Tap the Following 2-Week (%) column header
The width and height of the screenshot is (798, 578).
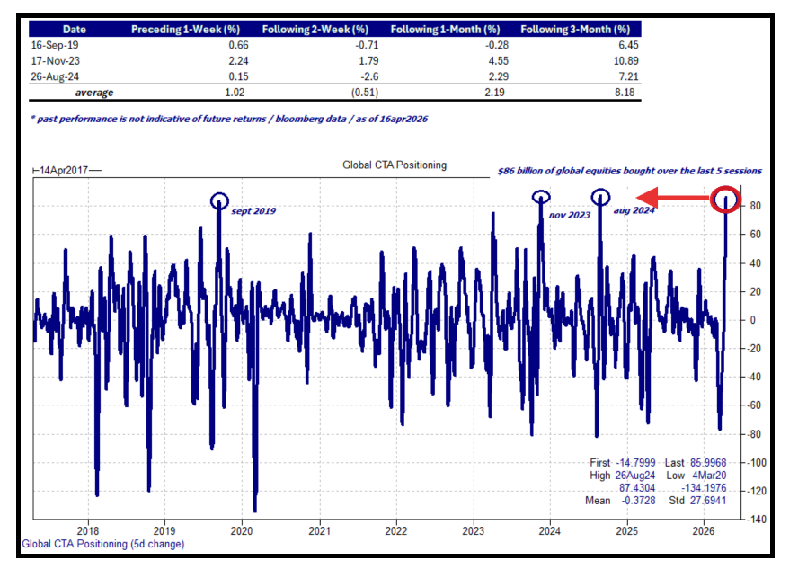coord(315,30)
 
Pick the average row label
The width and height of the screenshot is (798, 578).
coord(93,92)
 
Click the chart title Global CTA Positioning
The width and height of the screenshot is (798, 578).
coord(395,165)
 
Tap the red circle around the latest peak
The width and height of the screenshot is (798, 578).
coord(725,200)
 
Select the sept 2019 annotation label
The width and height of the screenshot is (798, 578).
coord(253,211)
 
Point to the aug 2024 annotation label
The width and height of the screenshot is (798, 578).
coord(634,211)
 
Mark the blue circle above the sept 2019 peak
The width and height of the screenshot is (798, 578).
coord(219,200)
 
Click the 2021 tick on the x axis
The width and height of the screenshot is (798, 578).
coord(320,531)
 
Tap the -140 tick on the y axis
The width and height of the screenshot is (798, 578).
coord(757,520)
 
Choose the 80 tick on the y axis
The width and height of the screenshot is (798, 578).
coord(755,206)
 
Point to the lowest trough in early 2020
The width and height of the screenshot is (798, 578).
coord(255,510)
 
